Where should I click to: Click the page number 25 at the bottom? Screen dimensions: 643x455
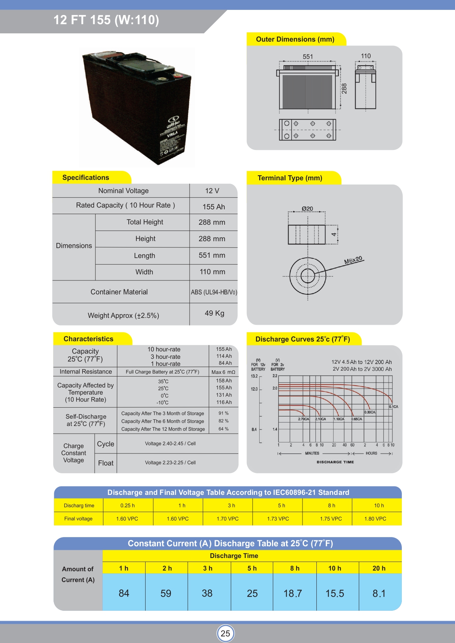[225, 633]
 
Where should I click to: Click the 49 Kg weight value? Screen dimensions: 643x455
[214, 313]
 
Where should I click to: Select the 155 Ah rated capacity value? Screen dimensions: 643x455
[213, 207]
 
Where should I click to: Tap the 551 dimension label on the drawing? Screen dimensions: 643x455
[308, 56]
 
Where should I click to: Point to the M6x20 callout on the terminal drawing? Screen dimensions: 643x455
[353, 260]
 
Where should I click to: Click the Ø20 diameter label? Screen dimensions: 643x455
[307, 209]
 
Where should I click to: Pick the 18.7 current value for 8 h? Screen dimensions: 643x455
[293, 593]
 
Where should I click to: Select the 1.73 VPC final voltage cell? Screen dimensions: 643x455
[278, 519]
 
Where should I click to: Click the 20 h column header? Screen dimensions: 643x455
[379, 568]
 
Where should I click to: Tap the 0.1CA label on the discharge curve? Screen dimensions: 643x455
[393, 407]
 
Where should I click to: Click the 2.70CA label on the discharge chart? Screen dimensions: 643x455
[304, 419]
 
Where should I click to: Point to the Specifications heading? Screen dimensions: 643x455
[86, 177]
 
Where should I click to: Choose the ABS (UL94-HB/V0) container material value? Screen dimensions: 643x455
[214, 292]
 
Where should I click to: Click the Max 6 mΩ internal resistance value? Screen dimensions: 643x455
[223, 372]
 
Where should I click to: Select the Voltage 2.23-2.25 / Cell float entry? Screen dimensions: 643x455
[170, 463]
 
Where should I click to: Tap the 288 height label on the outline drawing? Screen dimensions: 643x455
[344, 88]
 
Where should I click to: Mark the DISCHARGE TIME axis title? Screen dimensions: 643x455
[335, 462]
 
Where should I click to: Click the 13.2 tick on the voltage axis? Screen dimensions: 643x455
[254, 376]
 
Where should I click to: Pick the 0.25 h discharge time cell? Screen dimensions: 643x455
[128, 506]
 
